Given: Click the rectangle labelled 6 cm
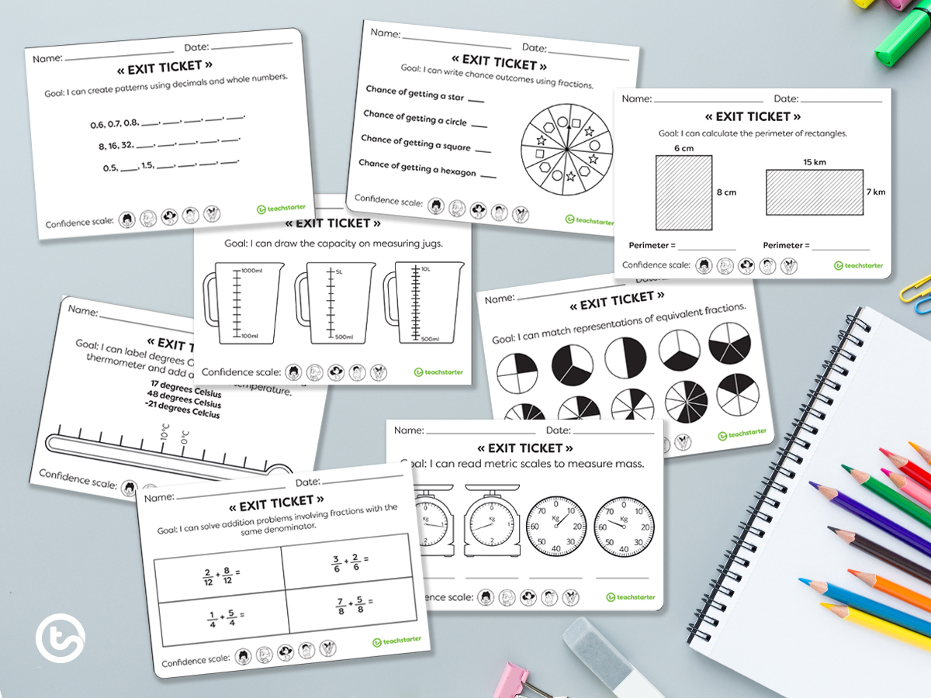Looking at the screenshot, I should pyautogui.click(x=684, y=192).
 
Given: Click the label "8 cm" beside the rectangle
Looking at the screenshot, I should pyautogui.click(x=725, y=192).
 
